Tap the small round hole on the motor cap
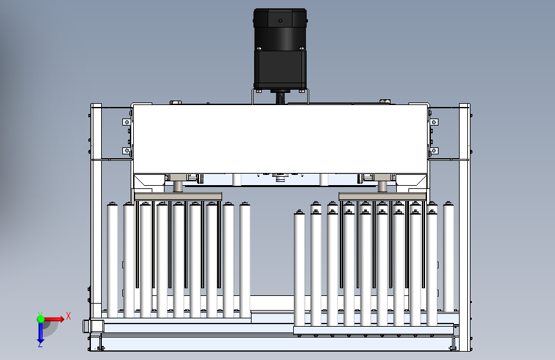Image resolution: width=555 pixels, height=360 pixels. (280, 21)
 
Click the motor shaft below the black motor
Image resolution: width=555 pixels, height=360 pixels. (280, 97)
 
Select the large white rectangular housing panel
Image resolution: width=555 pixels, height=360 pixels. (280, 139)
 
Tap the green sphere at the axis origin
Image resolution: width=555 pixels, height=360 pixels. (41, 319)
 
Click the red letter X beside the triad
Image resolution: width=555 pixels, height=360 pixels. (68, 316)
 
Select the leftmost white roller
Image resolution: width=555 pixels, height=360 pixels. (113, 259)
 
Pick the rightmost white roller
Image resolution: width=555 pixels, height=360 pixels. (449, 257)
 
